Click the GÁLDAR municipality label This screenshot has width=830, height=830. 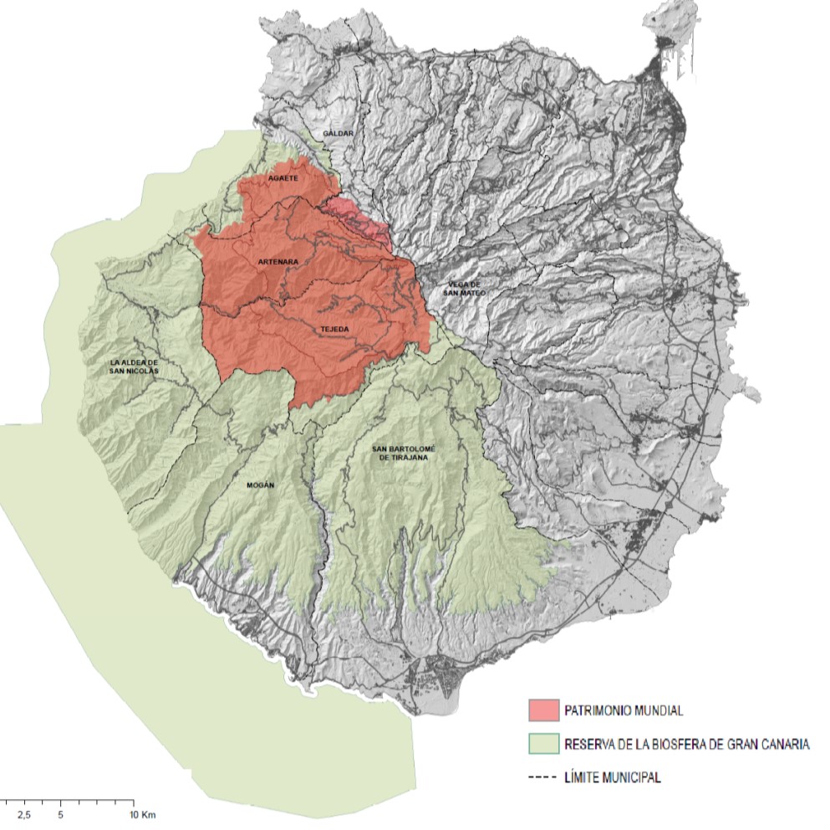point(339,133)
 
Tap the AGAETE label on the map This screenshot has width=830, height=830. point(284,179)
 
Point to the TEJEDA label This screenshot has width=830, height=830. point(334,329)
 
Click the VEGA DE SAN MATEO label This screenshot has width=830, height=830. point(464,287)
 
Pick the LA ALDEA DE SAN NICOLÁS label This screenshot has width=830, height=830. point(134,366)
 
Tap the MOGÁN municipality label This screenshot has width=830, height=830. point(262,485)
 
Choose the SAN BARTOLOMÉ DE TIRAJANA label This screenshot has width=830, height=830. point(405,454)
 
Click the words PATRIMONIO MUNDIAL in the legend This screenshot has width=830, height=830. point(624,710)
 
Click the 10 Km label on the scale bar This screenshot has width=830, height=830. point(144,813)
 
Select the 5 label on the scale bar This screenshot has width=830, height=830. point(61,813)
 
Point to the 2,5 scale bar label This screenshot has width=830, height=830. point(24,813)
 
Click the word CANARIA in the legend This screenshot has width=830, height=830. point(782,744)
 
